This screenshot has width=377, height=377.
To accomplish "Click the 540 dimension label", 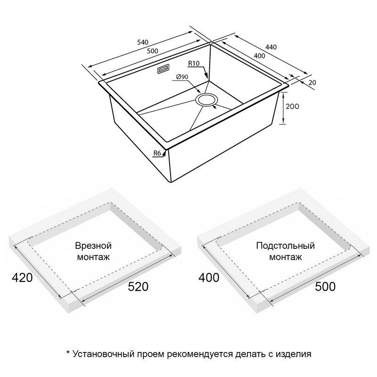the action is point(143,42).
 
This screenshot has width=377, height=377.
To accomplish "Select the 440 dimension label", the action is point(271,47).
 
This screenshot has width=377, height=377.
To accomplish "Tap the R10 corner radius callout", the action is point(194,63).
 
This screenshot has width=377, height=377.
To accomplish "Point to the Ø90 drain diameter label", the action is point(182,77).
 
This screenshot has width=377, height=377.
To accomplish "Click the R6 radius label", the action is point(157,153).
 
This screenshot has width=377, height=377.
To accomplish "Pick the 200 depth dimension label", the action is point(292,106).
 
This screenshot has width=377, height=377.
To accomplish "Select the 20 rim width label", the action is point(312,82).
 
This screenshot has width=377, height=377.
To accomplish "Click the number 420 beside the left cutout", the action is point(22,278).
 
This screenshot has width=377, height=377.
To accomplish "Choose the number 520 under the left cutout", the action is point(138,287).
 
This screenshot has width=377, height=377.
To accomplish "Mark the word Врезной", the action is point(93,246).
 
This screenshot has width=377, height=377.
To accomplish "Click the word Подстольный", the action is point(286,246).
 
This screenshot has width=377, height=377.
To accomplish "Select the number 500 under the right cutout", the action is point(325,287).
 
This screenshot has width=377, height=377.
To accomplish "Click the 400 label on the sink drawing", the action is point(259,56).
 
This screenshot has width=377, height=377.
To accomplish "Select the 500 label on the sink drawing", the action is point(152,51).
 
